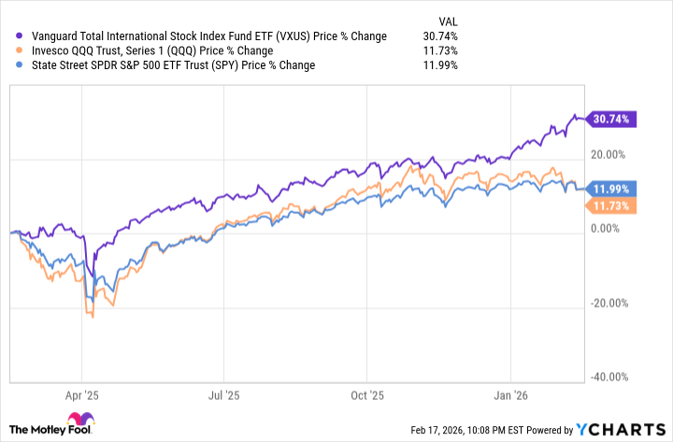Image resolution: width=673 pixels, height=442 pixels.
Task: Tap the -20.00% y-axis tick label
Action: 609,303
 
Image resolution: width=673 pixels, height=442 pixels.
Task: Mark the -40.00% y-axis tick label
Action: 609,377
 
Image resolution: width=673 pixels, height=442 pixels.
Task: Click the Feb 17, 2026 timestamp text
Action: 478,430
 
